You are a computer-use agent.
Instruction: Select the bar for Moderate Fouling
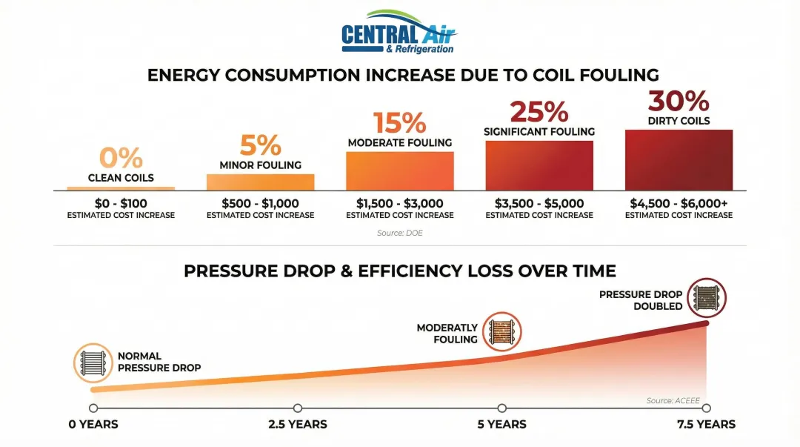[x=400, y=170]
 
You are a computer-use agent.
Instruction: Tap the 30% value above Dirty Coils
[x=679, y=102]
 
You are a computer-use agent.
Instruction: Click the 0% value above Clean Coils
[x=121, y=158]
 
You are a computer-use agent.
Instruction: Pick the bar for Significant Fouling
[x=539, y=165]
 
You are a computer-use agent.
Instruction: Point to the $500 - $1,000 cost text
[x=260, y=204]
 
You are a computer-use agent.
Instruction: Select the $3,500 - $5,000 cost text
[x=539, y=204]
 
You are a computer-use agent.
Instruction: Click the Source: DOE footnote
[x=400, y=233]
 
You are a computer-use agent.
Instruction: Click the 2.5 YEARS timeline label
[x=298, y=425]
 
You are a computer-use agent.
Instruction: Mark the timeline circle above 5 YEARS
[x=502, y=408]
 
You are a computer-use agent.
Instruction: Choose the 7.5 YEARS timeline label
[x=706, y=425]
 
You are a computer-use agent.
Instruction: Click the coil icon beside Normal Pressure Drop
[x=93, y=362]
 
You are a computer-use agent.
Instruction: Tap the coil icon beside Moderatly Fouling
[x=502, y=331]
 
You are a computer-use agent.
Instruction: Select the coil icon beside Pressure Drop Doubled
[x=706, y=298]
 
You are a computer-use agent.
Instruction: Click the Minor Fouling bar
[x=260, y=182]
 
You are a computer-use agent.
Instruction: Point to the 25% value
[x=539, y=112]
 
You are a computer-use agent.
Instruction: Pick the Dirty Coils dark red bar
[x=679, y=160]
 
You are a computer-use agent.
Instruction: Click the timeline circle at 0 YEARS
[x=93, y=408]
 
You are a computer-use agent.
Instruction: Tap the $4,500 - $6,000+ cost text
[x=679, y=204]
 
